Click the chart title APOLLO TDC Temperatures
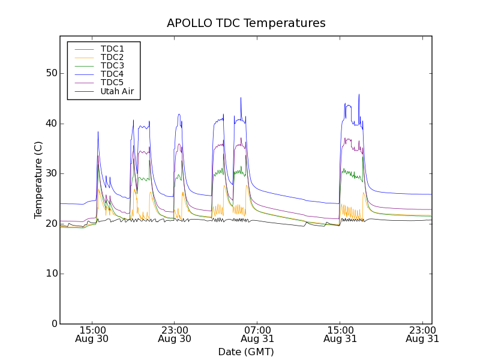246,23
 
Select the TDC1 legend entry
112,49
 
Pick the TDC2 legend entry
112,57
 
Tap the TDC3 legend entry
112,65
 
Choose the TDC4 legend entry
112,74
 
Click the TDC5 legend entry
112,82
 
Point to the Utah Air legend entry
117,91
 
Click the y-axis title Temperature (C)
38,180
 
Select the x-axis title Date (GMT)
246,352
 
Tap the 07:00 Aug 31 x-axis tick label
257,334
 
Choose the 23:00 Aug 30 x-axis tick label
175,334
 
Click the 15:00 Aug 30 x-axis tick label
92,334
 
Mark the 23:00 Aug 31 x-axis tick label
422,334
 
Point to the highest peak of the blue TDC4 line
359,94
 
